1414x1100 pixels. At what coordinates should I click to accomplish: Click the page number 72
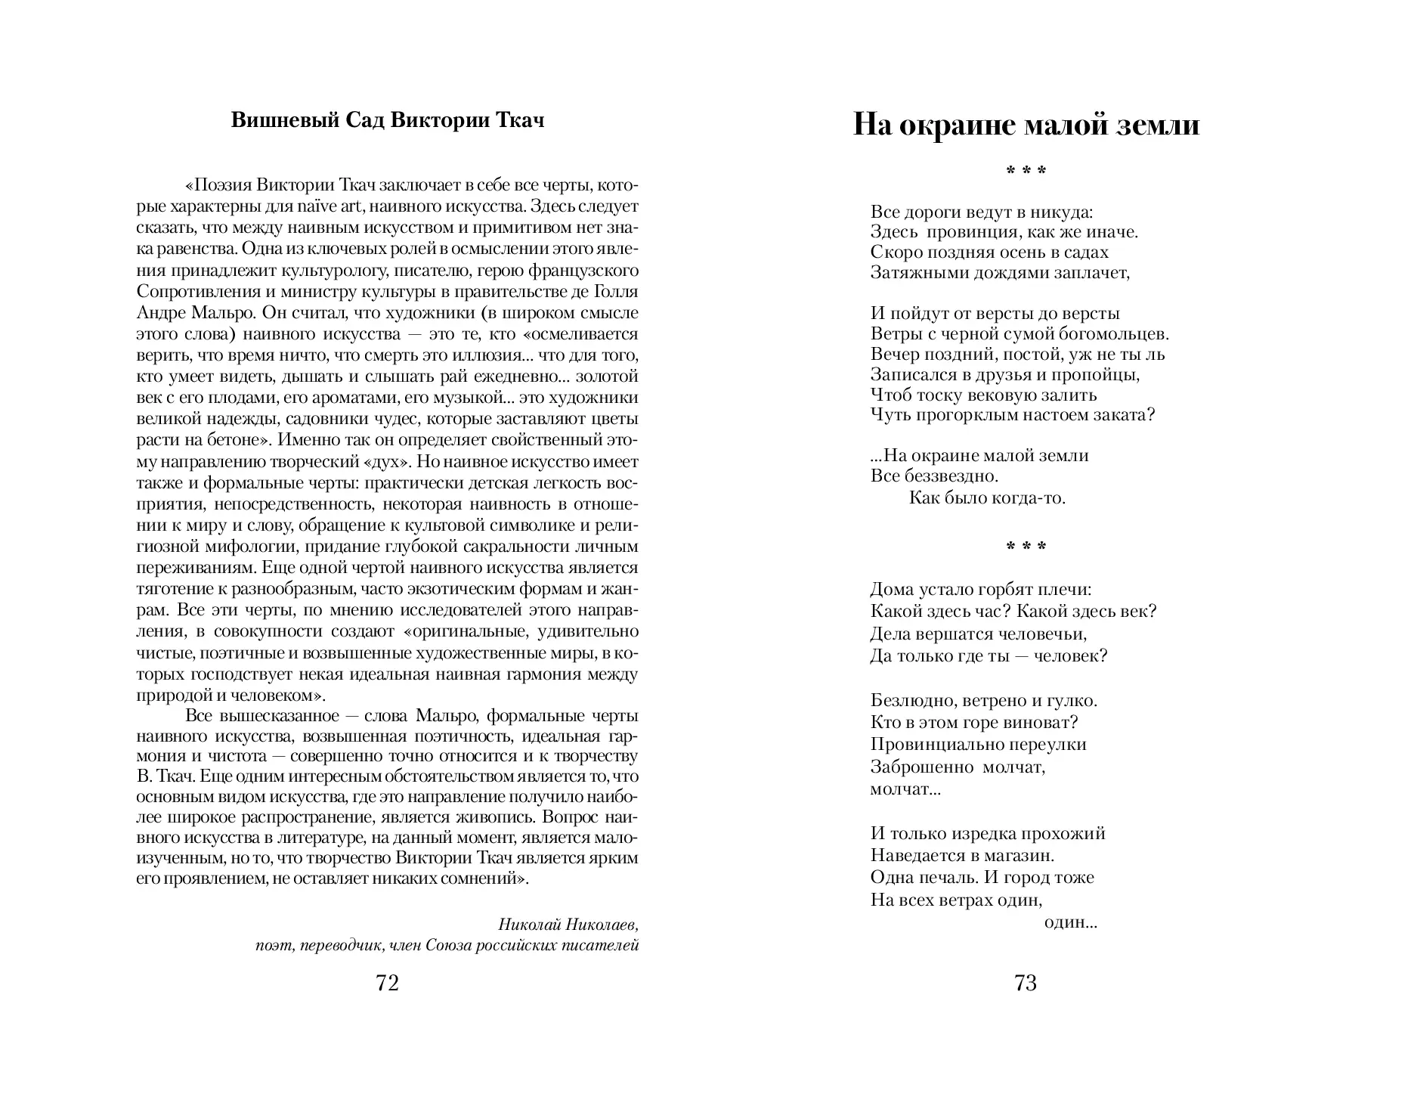click(386, 983)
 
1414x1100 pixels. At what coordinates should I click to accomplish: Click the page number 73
click(1026, 983)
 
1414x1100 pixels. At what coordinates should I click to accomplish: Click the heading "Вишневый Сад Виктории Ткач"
click(387, 121)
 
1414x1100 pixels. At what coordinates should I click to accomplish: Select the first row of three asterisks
click(1026, 172)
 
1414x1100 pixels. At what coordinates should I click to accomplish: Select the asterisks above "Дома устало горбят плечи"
click(1026, 547)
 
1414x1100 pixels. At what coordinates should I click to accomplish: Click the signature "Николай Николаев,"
click(568, 924)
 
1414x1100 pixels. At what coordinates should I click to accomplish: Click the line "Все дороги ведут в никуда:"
click(982, 212)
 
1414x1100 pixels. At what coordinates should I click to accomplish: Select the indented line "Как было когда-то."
click(986, 497)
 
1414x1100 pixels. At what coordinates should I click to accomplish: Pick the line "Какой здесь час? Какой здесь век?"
click(1013, 611)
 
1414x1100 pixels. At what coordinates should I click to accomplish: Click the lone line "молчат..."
click(905, 789)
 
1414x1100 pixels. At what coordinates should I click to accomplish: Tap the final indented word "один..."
click(1069, 922)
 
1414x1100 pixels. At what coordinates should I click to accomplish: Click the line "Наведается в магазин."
click(961, 856)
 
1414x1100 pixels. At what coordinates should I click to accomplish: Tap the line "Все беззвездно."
click(934, 476)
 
